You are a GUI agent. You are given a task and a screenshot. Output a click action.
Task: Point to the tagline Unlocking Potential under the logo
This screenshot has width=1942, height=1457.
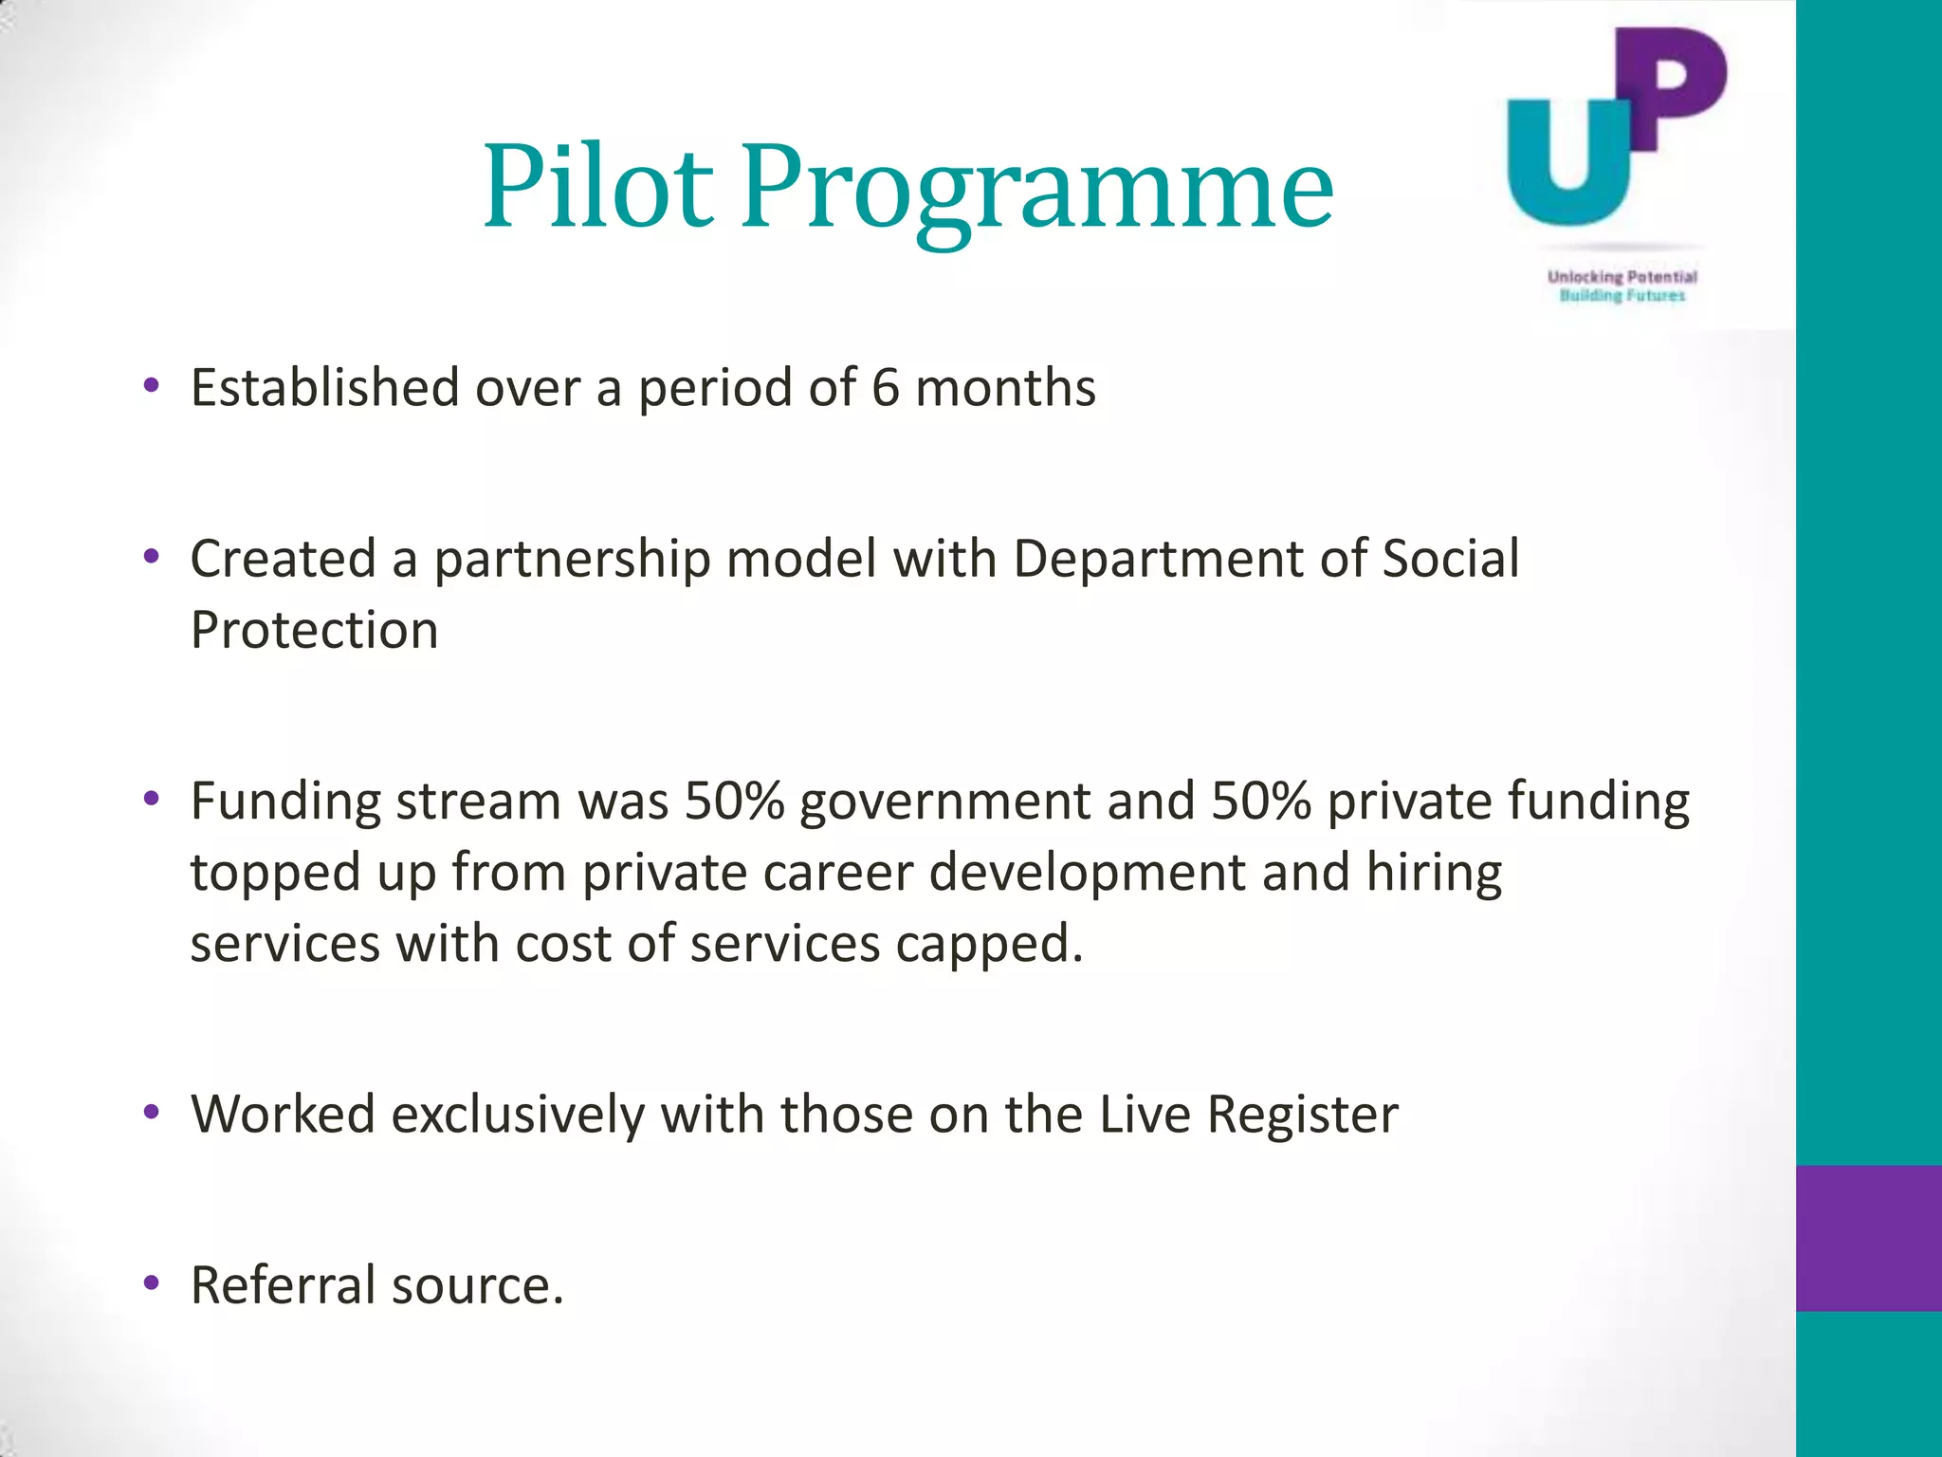[1621, 277]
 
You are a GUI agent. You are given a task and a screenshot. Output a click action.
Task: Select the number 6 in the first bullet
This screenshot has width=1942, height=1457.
[885, 388]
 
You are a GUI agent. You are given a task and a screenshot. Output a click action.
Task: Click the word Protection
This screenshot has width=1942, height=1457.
[314, 630]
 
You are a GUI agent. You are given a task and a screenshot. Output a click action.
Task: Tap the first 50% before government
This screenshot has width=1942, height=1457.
[734, 801]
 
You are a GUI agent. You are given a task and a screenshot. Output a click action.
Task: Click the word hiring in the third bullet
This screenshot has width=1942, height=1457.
[1434, 873]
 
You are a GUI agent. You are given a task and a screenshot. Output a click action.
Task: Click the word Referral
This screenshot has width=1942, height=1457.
[284, 1285]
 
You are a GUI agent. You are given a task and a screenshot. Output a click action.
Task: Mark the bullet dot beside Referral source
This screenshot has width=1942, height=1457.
[151, 1284]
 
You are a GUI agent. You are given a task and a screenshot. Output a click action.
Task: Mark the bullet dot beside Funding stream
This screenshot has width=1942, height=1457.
[151, 800]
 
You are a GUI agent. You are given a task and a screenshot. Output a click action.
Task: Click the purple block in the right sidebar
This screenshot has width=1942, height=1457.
[1868, 1238]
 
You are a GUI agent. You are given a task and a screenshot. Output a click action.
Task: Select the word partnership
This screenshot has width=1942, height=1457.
[572, 560]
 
